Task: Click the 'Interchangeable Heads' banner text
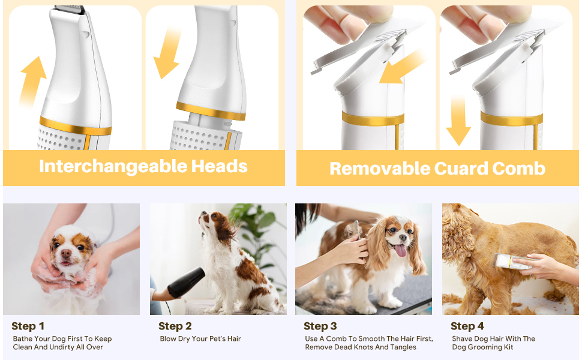143,166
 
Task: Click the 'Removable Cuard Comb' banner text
437,168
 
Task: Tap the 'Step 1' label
28,326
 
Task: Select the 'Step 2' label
175,326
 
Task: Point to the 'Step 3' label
320,326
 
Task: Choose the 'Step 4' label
467,326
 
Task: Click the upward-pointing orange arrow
33,81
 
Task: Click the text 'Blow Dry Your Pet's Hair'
200,339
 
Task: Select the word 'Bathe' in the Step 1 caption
23,339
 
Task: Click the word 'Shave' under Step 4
463,339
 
